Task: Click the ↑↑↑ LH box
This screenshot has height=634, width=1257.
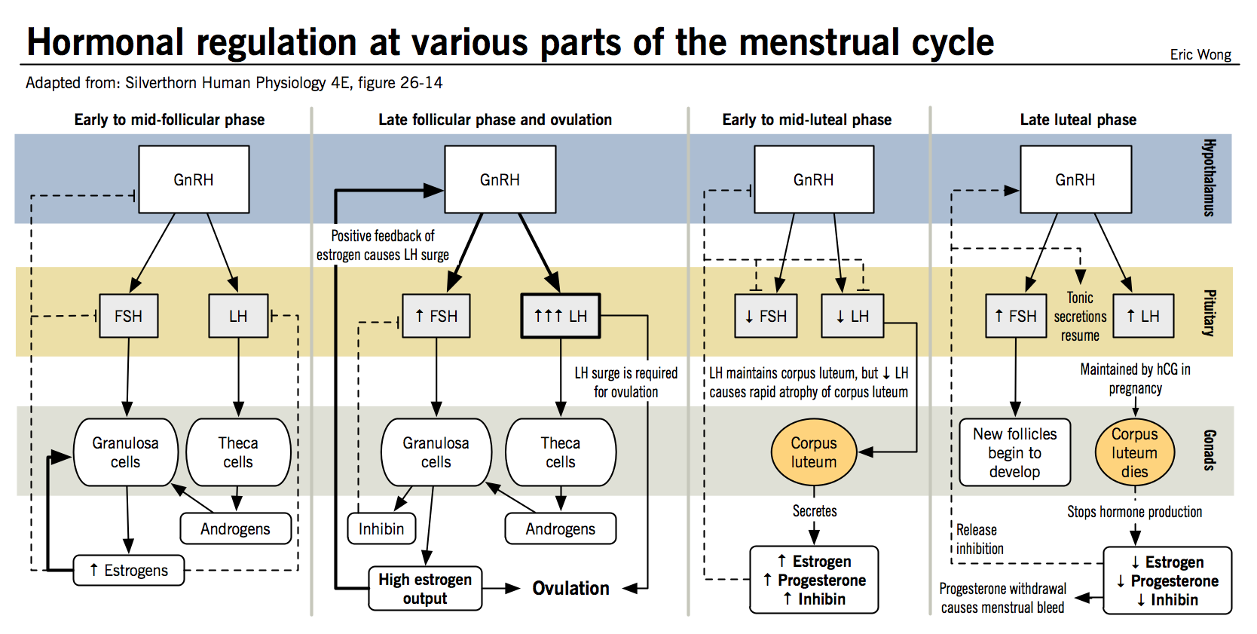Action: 561,316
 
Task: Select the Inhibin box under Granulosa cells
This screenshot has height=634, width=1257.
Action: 381,528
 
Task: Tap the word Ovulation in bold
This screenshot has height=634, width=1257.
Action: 570,588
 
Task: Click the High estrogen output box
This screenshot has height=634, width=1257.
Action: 425,589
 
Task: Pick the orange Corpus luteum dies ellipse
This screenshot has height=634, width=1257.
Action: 1134,452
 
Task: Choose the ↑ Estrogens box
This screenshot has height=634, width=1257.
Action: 129,570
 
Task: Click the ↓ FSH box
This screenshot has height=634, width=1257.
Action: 766,316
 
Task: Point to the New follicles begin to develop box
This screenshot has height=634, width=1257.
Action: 1014,452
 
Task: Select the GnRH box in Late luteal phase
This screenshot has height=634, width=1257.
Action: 1075,179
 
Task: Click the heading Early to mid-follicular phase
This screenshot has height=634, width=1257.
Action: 169,119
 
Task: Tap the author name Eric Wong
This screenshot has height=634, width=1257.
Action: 1200,54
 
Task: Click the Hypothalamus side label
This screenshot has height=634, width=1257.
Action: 1208,178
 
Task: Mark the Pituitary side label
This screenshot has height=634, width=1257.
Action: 1208,312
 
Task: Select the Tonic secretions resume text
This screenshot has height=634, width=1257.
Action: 1080,317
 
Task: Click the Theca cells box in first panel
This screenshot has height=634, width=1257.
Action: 238,452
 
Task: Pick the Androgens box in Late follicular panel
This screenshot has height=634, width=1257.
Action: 560,528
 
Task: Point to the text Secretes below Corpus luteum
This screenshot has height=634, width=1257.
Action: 814,511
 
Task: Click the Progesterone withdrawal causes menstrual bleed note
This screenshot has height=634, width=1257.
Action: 1002,598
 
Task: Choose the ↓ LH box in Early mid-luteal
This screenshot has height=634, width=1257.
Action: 852,316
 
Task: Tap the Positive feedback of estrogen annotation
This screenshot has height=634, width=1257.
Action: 383,245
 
